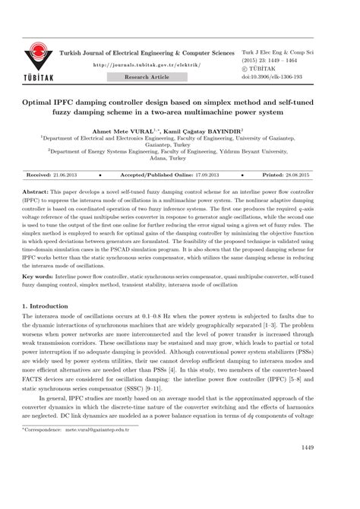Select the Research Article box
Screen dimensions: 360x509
pyautogui.click(x=147, y=77)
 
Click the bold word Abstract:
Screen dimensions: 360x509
pyautogui.click(x=39, y=186)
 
